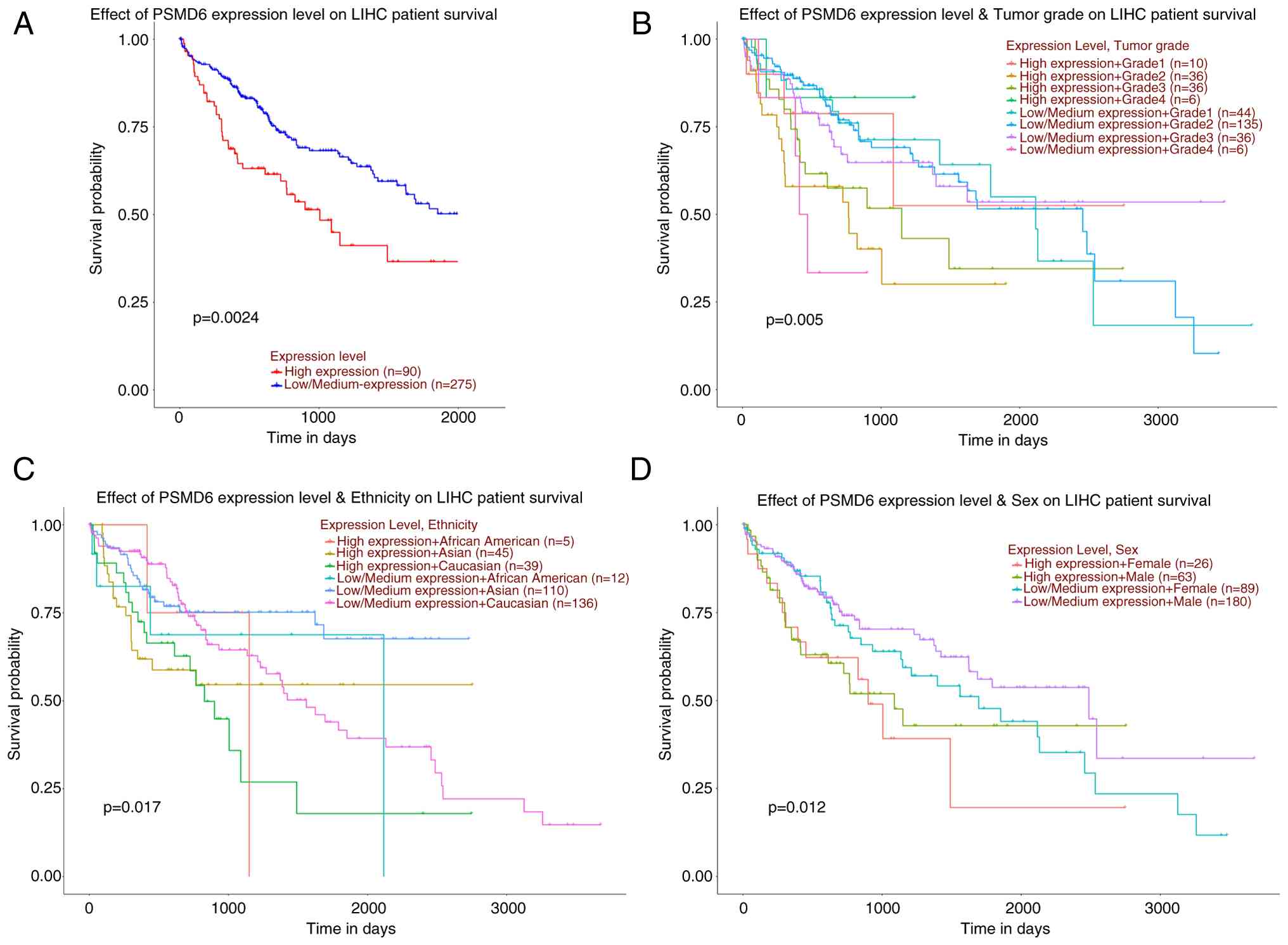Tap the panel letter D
pyautogui.click(x=641, y=470)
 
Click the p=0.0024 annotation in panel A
pyautogui.click(x=226, y=318)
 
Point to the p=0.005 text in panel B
pyautogui.click(x=794, y=320)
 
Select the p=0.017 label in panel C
pyautogui.click(x=132, y=807)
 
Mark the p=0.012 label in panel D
pyautogui.click(x=797, y=807)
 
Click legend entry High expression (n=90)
pyautogui.click(x=352, y=371)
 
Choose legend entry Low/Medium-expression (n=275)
pyautogui.click(x=380, y=384)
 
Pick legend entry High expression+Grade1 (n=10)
pyautogui.click(x=1113, y=63)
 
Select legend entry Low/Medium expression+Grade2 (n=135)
pyautogui.click(x=1140, y=124)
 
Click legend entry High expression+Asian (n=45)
pyautogui.click(x=424, y=553)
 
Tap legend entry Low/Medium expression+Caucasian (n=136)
pyautogui.click(x=467, y=603)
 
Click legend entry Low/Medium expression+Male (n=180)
pyautogui.click(x=1137, y=601)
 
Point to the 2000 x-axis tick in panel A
pyautogui.click(x=458, y=418)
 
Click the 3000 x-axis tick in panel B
pyautogui.click(x=1161, y=420)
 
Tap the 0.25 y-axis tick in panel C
pyautogui.click(x=46, y=788)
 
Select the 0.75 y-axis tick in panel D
pyautogui.click(x=697, y=613)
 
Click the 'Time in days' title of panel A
pyautogui.click(x=311, y=438)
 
